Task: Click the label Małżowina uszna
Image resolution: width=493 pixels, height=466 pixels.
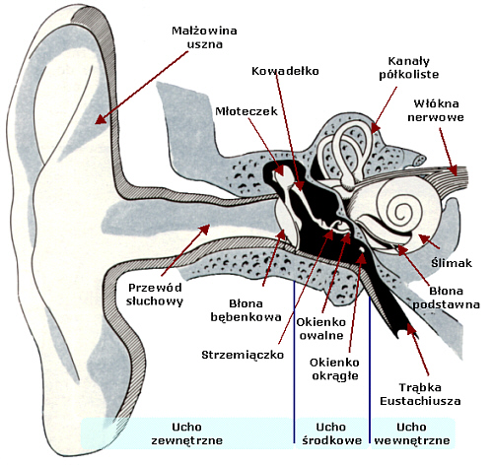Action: [x=204, y=37]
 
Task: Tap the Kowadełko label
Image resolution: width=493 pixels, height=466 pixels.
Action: [x=285, y=71]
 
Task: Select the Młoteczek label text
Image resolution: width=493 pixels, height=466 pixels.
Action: [x=246, y=111]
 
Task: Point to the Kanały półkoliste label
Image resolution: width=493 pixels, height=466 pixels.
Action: [x=409, y=68]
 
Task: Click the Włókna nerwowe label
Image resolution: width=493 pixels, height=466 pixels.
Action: [x=436, y=110]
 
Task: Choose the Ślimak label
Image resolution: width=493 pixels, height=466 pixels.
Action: [x=452, y=263]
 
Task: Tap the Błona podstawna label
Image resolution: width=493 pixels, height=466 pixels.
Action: [x=446, y=298]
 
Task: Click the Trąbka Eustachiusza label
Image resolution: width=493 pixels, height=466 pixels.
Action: [x=420, y=394]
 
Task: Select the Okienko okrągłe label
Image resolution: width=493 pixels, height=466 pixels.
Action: [x=334, y=369]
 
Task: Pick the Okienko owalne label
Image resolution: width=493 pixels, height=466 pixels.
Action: [x=321, y=329]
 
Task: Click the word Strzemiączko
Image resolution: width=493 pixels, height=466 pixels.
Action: [x=243, y=355]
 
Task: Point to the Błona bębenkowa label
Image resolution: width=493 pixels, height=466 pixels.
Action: [x=246, y=310]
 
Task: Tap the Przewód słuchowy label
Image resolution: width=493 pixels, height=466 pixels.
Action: [x=155, y=295]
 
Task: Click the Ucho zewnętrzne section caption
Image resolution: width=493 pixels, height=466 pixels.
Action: [x=186, y=433]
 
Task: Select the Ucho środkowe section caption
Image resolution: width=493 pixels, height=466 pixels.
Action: [x=331, y=433]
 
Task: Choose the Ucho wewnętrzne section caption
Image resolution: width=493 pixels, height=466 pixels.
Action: [x=412, y=433]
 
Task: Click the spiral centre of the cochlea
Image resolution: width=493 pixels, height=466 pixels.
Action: [x=401, y=213]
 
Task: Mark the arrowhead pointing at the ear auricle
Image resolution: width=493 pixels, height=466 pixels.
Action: [x=101, y=119]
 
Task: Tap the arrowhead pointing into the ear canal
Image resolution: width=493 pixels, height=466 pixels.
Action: [x=204, y=229]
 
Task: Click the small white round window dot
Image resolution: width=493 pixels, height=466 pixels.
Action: [x=362, y=250]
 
